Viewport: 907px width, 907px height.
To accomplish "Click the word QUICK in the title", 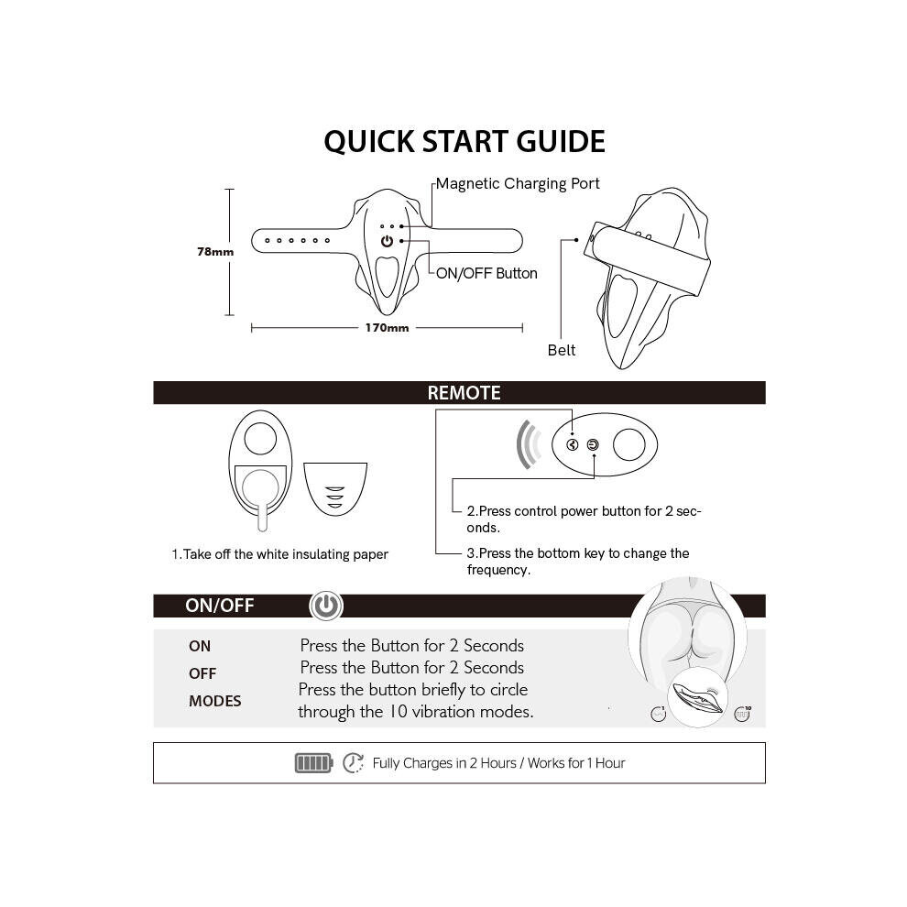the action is (369, 142).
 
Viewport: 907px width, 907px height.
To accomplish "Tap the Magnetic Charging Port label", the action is (518, 184).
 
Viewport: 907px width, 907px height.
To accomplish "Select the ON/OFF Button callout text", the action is (486, 273).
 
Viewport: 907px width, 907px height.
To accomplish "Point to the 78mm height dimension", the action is (215, 252).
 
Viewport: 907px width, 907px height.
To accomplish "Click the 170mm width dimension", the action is (387, 328).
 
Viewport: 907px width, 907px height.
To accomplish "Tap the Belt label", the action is (561, 350).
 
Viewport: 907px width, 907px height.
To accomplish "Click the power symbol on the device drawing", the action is (387, 241).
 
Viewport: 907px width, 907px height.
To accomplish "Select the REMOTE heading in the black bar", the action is (464, 393).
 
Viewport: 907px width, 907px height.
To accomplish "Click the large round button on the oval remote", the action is (628, 445).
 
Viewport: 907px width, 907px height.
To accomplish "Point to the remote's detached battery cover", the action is (335, 489).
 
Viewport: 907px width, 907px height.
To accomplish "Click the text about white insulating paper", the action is (280, 554).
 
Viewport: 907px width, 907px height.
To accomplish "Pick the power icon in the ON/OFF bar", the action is (326, 606).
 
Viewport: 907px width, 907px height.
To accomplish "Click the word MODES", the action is (214, 701).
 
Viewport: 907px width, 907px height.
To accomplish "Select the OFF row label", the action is (202, 674).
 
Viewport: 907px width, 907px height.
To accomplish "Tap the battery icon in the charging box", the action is (313, 763).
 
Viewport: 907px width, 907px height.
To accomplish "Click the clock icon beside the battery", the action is (353, 763).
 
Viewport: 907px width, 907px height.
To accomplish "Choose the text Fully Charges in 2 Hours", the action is (444, 763).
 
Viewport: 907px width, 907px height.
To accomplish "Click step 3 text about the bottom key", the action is (578, 562).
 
